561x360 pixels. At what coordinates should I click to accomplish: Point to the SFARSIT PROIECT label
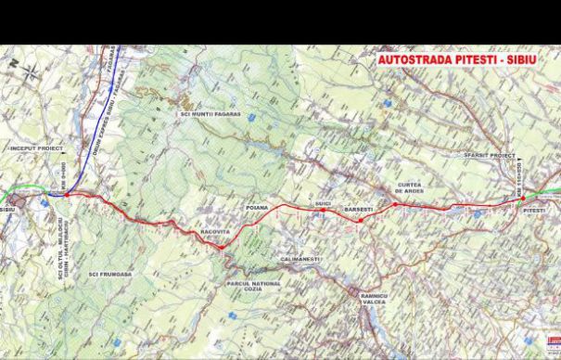489,156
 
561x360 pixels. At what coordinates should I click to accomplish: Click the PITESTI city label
533,212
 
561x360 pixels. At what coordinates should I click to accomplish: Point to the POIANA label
257,208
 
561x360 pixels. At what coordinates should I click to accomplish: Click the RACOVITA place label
213,233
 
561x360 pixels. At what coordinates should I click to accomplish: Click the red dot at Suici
323,210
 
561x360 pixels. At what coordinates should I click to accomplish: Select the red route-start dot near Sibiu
66,195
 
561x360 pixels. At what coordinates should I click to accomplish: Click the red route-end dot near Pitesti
522,197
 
